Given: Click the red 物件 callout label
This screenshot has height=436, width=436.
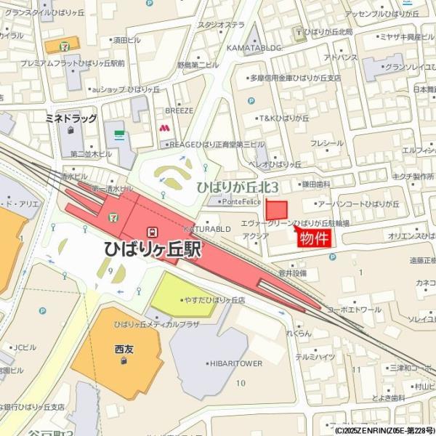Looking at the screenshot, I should coord(315,238).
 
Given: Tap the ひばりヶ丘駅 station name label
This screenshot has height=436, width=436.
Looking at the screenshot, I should coord(153,249).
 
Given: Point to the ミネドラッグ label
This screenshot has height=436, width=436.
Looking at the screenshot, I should coord(71,118).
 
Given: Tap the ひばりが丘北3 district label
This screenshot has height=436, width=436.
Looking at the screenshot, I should coord(237,187).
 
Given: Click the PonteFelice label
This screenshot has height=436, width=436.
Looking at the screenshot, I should coord(241,201).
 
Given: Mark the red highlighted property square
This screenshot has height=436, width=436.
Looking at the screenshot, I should coord(277,209).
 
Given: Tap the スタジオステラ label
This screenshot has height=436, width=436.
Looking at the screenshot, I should coord(221,24).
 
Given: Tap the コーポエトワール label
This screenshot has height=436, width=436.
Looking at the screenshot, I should coord(354,310).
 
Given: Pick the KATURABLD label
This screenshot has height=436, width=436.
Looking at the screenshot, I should coord(207,228).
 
